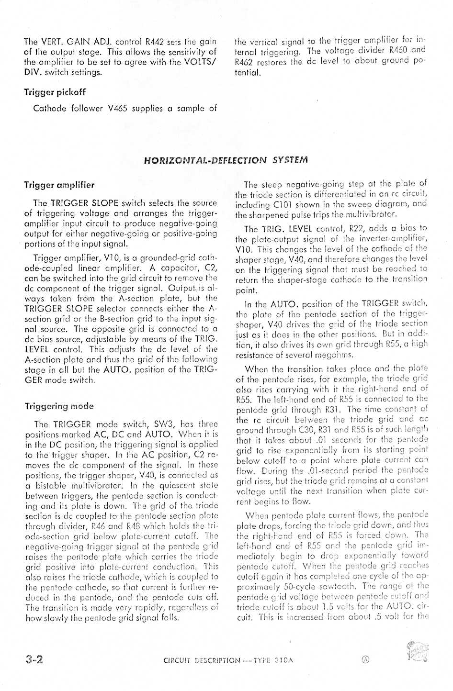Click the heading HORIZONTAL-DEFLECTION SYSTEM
[226, 160]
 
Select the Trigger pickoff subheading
[55, 92]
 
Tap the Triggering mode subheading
[59, 406]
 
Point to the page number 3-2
[34, 659]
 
